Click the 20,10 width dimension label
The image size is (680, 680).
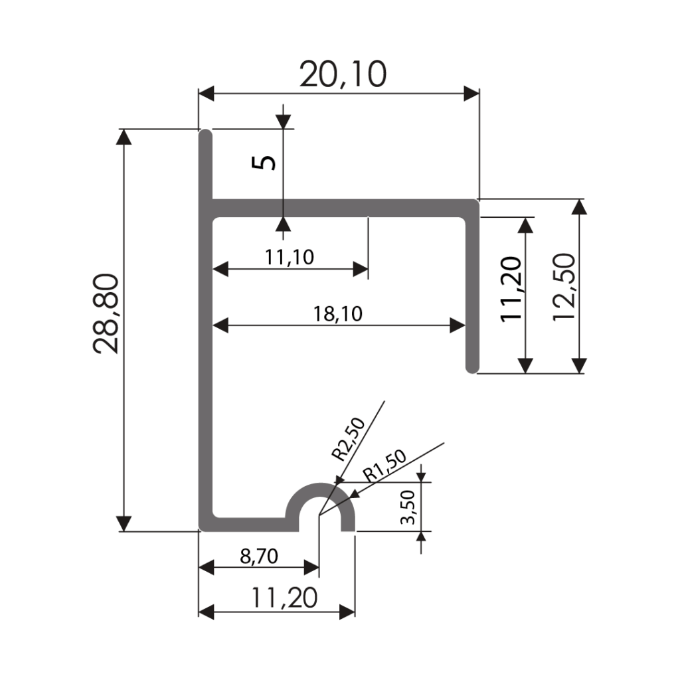343,74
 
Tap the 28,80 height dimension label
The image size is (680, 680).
106,313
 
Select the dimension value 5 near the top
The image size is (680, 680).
264,163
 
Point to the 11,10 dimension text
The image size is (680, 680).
290,258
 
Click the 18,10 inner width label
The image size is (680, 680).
338,314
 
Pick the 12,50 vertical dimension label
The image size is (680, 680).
564,287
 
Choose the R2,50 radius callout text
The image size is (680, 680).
348,438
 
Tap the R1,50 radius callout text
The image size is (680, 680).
384,466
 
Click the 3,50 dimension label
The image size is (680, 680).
408,507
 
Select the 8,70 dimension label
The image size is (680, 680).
259,556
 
